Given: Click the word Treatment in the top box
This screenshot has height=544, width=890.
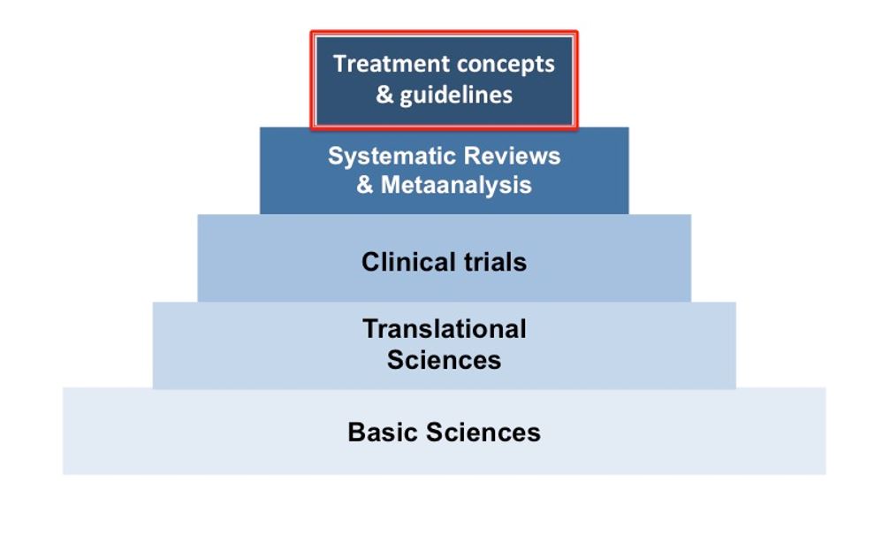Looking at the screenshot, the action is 391,64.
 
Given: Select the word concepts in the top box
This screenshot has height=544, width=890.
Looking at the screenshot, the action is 506,65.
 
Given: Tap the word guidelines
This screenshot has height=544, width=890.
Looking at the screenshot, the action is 456,96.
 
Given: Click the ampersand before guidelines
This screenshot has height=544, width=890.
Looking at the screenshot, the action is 384,95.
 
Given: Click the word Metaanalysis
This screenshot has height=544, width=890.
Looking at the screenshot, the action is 456,185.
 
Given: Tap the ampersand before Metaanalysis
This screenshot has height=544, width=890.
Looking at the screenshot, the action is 365,185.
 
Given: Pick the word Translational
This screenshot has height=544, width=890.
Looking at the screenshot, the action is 445,329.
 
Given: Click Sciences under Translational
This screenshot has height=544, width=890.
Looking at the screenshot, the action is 445,360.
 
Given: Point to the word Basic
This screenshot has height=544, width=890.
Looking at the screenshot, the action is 383,433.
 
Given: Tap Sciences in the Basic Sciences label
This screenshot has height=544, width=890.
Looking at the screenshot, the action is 483,433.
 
